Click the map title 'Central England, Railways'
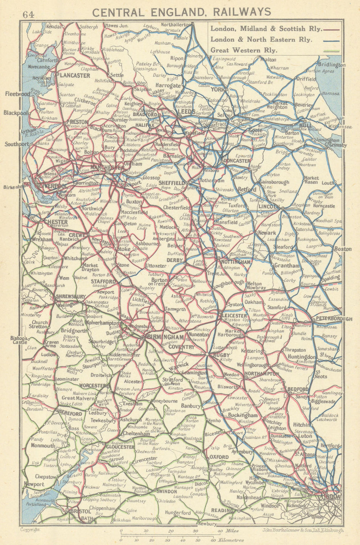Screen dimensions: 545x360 [x=182, y=12]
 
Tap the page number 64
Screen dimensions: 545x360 [x=28, y=14]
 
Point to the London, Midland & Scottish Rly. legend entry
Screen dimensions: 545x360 [x=268, y=28]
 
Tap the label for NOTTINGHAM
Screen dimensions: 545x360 [x=236, y=262]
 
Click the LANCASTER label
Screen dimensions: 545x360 [x=75, y=76]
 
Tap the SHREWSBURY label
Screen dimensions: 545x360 [x=71, y=297]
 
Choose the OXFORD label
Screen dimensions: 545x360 [x=219, y=457]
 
